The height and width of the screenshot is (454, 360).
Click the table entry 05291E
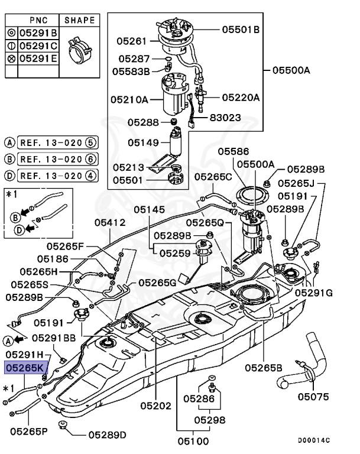click(37, 58)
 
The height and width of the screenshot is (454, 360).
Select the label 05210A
click(129, 100)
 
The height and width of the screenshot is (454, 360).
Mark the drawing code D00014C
click(314, 440)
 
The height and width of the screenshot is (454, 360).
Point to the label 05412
click(110, 222)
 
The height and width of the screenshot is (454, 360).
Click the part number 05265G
click(158, 283)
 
